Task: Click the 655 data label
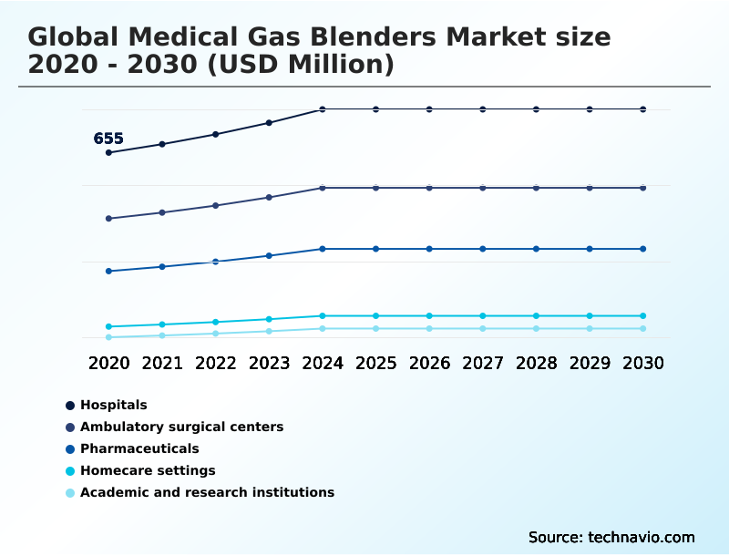pos(108,139)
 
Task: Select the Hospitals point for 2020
pos(108,152)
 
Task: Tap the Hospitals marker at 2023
pos(269,122)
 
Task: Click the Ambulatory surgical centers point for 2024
pos(323,188)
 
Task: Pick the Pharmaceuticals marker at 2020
pos(108,271)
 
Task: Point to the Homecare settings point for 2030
pos(643,315)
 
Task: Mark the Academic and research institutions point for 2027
pos(483,328)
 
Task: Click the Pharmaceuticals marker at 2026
pos(429,249)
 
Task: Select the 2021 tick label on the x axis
pos(162,363)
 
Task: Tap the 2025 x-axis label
pos(375,363)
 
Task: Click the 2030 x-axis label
pos(643,363)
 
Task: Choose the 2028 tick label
pos(536,363)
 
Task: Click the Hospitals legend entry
pos(113,405)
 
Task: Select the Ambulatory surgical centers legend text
pos(181,427)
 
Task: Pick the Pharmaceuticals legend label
pos(139,448)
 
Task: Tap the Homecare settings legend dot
pos(70,470)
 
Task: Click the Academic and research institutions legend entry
pos(207,492)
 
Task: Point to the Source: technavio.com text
pos(611,537)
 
